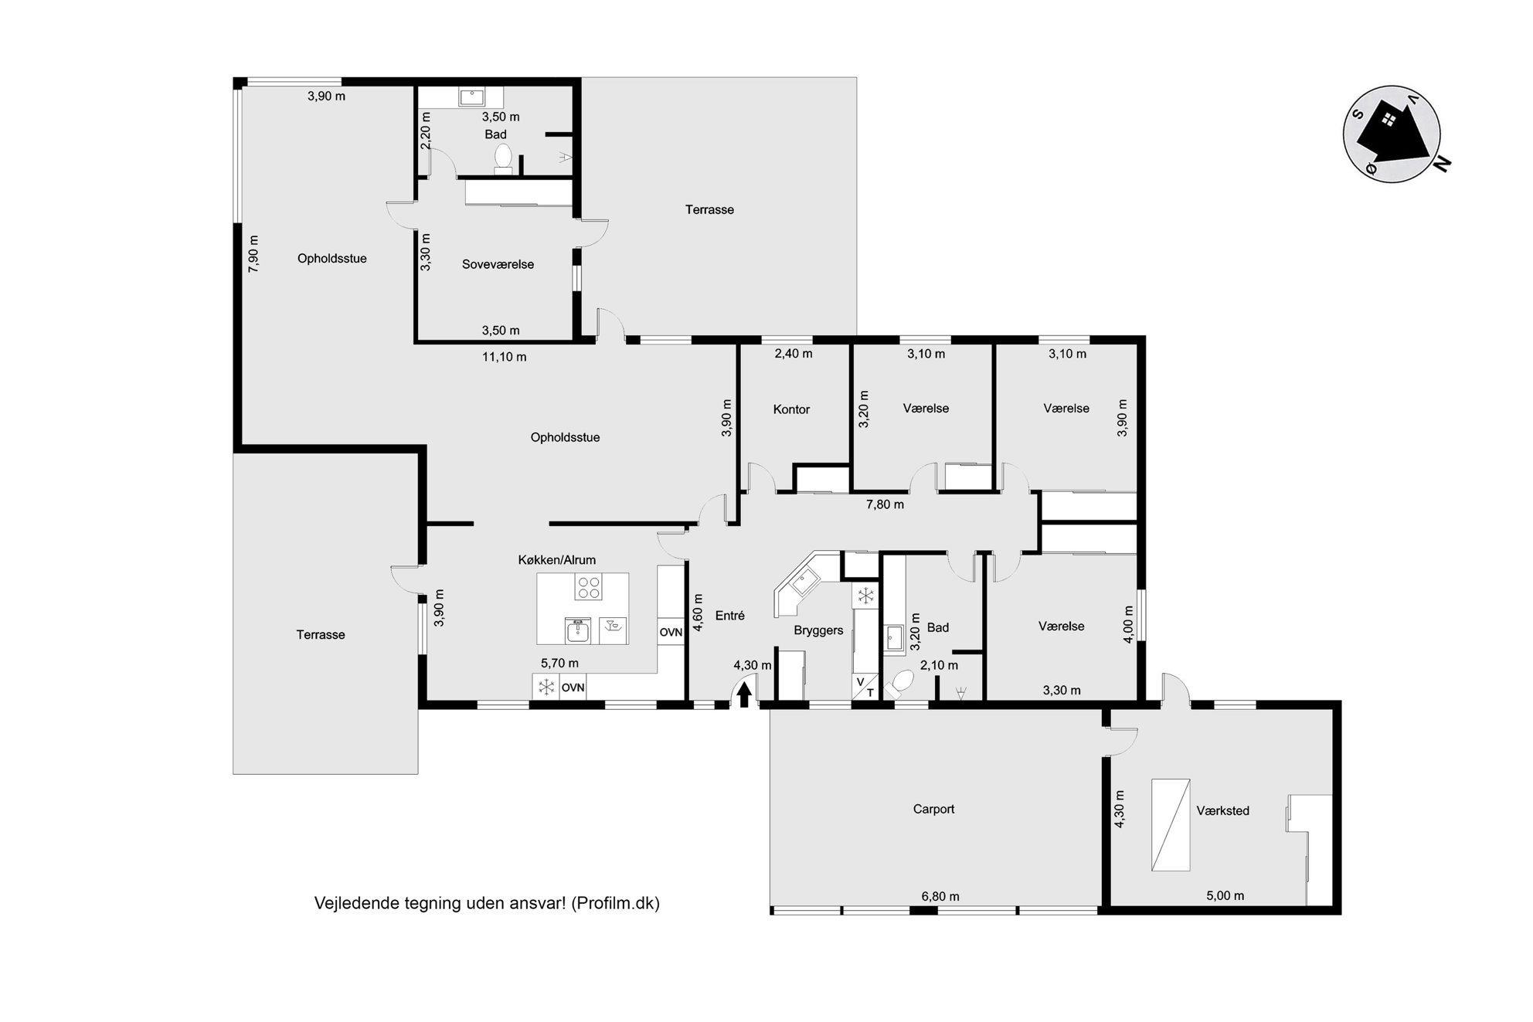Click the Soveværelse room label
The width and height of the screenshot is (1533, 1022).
click(498, 264)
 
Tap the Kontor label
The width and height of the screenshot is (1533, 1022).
click(791, 409)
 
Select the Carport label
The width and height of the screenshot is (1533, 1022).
click(933, 809)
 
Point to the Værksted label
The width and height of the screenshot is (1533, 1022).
click(1222, 810)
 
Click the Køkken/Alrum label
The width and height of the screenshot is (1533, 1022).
click(556, 560)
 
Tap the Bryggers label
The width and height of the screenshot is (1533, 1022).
click(818, 630)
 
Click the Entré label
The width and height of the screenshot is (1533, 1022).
click(729, 616)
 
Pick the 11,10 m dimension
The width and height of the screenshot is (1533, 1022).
click(504, 357)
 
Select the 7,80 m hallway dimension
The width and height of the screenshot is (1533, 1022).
click(885, 504)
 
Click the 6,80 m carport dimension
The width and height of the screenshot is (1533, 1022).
click(940, 896)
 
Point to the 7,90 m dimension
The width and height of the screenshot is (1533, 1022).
click(253, 253)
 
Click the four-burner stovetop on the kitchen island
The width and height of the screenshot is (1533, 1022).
click(588, 588)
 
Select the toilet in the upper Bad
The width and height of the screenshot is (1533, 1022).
click(503, 158)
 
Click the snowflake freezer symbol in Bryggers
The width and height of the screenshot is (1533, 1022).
click(866, 596)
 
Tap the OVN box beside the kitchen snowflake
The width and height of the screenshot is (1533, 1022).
click(573, 687)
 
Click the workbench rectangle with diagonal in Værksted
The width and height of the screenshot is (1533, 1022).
click(1171, 825)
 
